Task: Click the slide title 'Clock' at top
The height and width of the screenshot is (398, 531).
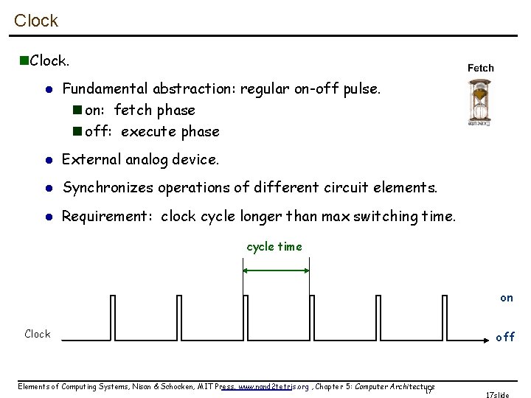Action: point(35,21)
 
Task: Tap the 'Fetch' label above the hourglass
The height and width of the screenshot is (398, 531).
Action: point(481,68)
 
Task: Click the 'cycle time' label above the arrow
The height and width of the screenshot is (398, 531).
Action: point(274,247)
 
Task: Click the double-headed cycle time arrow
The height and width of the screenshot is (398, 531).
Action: point(276,271)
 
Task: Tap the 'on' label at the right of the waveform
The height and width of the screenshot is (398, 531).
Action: point(506,298)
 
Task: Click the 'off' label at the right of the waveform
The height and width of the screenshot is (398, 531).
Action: point(505,337)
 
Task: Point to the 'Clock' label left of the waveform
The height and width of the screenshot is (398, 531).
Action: point(38,334)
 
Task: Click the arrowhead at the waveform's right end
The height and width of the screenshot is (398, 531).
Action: point(489,340)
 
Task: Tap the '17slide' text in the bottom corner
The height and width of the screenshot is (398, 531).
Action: point(497,394)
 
